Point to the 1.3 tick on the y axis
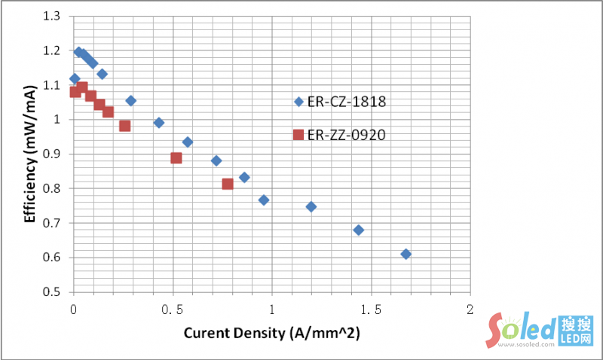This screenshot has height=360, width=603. pyautogui.click(x=56, y=16)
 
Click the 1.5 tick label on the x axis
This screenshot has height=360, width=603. pyautogui.click(x=371, y=310)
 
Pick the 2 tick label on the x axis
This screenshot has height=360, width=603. pyautogui.click(x=470, y=310)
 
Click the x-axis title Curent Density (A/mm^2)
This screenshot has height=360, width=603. pyautogui.click(x=271, y=333)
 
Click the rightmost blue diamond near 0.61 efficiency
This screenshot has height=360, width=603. pyautogui.click(x=406, y=254)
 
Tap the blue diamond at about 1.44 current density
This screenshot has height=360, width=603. pyautogui.click(x=359, y=230)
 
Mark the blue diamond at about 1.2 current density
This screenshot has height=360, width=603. pyautogui.click(x=311, y=206)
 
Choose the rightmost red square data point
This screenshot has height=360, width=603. pyautogui.click(x=228, y=184)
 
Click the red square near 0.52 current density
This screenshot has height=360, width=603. pyautogui.click(x=176, y=158)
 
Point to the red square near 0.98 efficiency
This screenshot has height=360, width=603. pyautogui.click(x=125, y=126)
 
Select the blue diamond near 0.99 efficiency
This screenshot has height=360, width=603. pyautogui.click(x=158, y=122)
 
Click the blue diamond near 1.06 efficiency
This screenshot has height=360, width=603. pyautogui.click(x=130, y=100)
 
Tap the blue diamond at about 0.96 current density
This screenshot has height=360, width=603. pyautogui.click(x=264, y=200)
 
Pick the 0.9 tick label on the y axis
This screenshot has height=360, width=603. pyautogui.click(x=56, y=154)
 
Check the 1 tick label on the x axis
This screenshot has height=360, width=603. pyautogui.click(x=271, y=310)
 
